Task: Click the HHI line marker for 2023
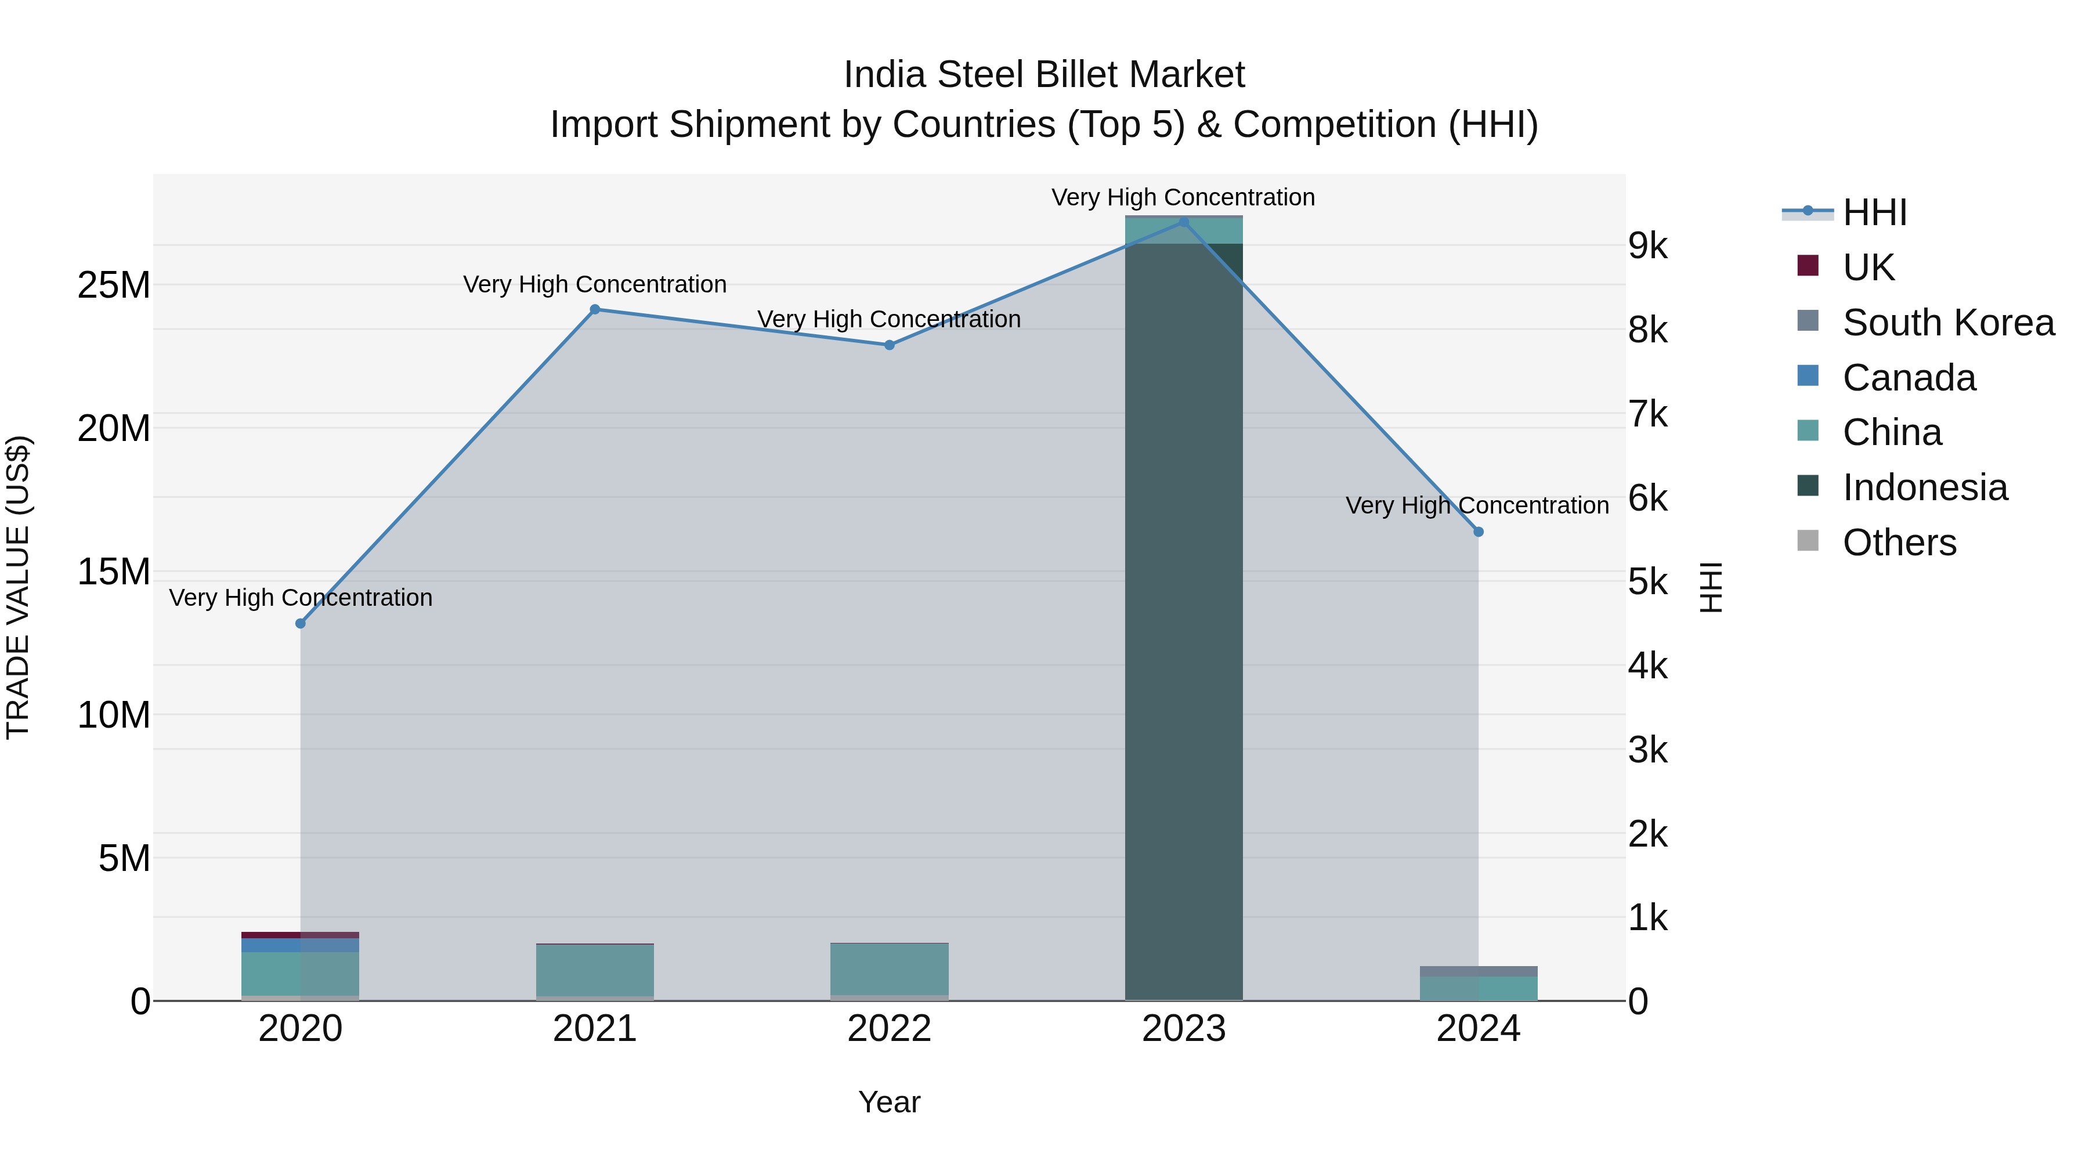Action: point(1183,222)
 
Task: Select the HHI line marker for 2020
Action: point(300,624)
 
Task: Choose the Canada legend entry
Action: point(1909,378)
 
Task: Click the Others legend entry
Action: point(1899,543)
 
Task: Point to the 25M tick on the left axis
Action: point(114,285)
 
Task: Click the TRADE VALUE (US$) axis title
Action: point(18,587)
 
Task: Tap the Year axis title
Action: point(889,1102)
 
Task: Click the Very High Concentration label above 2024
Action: point(1477,505)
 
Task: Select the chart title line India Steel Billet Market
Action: point(1044,75)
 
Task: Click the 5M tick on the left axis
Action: point(124,858)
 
